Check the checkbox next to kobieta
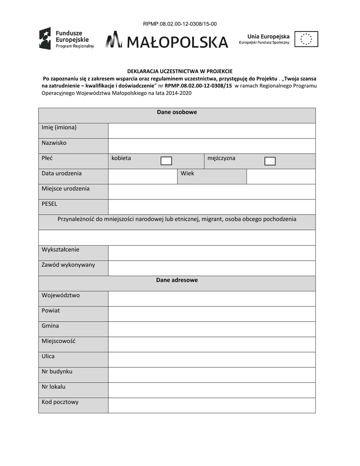tap(167, 161)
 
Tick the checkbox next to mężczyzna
tap(270, 161)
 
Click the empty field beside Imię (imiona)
tap(212, 131)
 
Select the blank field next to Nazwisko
tap(212, 146)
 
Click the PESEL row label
tap(50, 204)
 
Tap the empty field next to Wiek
tap(281, 177)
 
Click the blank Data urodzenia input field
tap(142, 177)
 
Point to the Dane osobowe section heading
tap(177, 112)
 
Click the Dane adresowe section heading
tap(177, 280)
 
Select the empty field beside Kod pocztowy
tap(212, 405)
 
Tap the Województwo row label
tap(61, 295)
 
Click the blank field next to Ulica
tap(212, 360)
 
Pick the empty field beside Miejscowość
tap(212, 344)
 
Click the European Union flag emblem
tap(306, 39)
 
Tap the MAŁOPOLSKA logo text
tap(177, 42)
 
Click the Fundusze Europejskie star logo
tap(45, 39)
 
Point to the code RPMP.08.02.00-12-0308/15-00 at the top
tap(180, 24)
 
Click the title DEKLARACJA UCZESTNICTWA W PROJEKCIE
tap(179, 71)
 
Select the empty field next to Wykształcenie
tap(212, 253)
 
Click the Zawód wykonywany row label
tap(68, 265)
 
